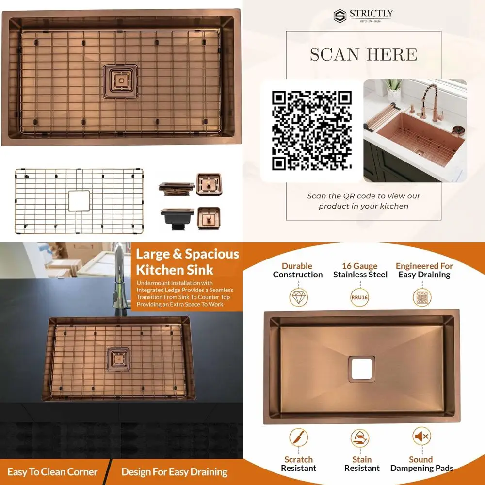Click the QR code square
311,130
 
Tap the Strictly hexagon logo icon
339,16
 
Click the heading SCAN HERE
363,54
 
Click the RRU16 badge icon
360,297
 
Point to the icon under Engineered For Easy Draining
422,296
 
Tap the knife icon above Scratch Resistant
298,437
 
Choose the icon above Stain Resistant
360,438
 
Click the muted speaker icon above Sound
421,437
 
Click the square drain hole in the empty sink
360,369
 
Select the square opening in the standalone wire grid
79,201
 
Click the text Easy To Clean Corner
52,472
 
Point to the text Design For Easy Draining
174,472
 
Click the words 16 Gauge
360,266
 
